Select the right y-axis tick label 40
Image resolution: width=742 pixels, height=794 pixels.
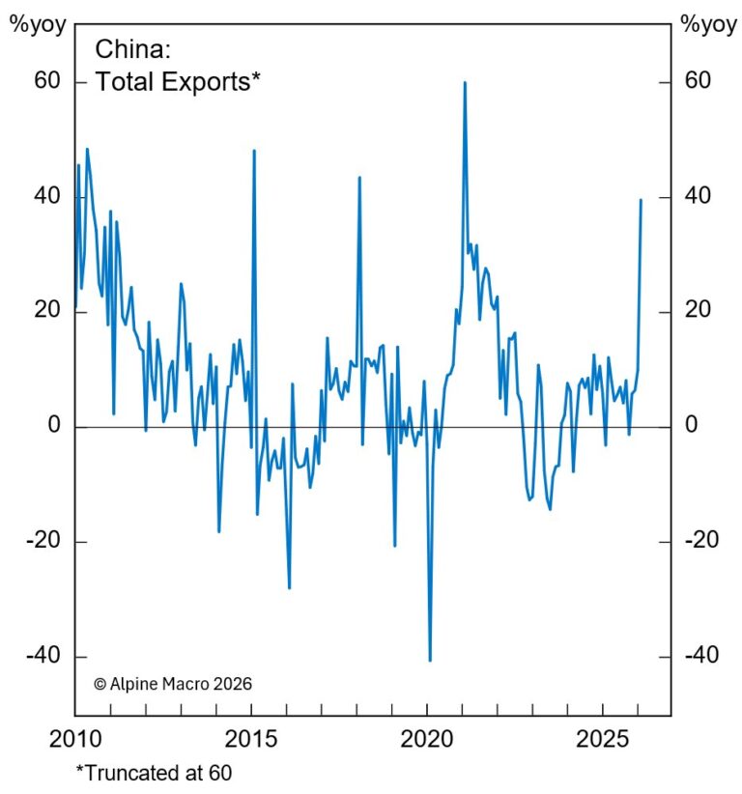tap(698, 196)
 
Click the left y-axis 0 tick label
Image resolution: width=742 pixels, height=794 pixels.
tap(54, 426)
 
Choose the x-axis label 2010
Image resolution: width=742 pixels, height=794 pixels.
tap(75, 741)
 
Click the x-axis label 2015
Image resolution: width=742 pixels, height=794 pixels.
tap(252, 741)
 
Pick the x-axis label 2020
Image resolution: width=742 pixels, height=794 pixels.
tap(429, 741)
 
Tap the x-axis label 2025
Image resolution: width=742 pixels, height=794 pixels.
tap(605, 741)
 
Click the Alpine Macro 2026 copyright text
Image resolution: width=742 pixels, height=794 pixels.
tap(173, 683)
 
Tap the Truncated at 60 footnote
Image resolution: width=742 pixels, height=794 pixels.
tap(155, 773)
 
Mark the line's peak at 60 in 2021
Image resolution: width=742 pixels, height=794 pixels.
tap(465, 83)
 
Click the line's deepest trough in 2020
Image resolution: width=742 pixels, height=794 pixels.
tap(430, 660)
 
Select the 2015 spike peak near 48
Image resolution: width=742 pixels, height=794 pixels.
tap(254, 152)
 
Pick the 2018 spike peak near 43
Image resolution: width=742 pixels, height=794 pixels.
tap(359, 178)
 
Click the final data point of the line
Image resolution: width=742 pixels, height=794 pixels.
tap(641, 200)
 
